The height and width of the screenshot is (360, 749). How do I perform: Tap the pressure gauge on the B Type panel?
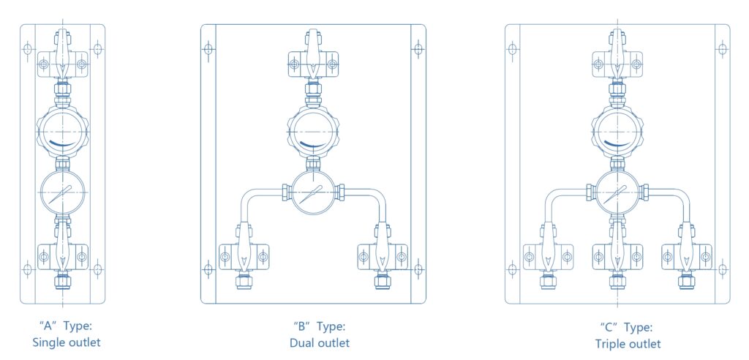313,193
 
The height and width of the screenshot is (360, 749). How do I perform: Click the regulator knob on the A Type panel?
62,131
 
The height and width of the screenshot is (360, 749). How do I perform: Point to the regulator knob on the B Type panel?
313,131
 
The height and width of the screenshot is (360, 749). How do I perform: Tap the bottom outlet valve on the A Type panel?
62,257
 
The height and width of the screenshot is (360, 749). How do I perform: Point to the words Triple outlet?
627,343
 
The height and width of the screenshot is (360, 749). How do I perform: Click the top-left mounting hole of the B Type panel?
208,49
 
